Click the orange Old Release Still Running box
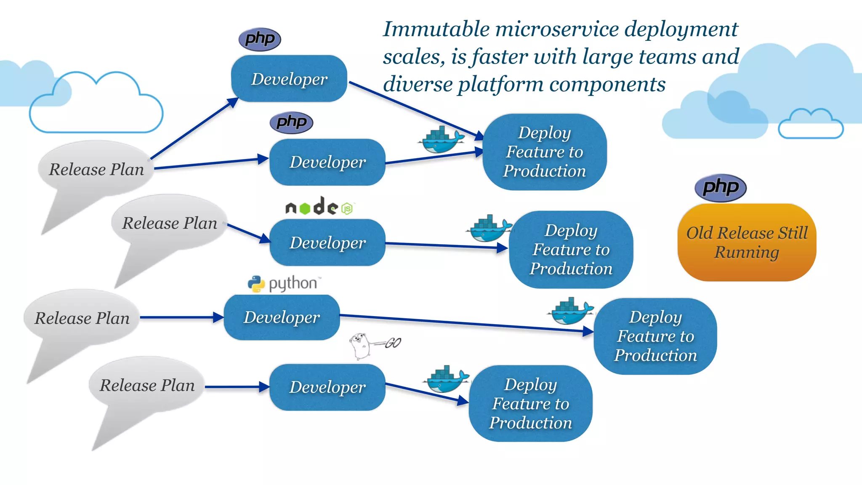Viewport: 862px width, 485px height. [747, 242]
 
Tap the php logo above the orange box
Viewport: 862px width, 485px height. [720, 187]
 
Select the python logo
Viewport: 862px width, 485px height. [285, 283]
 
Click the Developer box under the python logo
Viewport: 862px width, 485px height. [282, 317]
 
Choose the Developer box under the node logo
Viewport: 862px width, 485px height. [327, 242]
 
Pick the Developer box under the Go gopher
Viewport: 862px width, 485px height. [327, 387]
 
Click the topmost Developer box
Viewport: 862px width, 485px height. [289, 79]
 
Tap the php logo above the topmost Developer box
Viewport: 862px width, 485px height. [260, 39]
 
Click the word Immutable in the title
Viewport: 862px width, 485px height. [436, 29]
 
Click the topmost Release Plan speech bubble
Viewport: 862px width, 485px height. [96, 169]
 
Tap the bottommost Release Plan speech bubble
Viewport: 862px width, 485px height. [147, 385]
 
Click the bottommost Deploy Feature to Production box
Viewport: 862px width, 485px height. [530, 403]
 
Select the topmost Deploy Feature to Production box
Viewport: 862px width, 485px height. [544, 152]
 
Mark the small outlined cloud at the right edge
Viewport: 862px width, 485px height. [810, 124]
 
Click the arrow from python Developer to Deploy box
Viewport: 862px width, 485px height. [463, 323]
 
